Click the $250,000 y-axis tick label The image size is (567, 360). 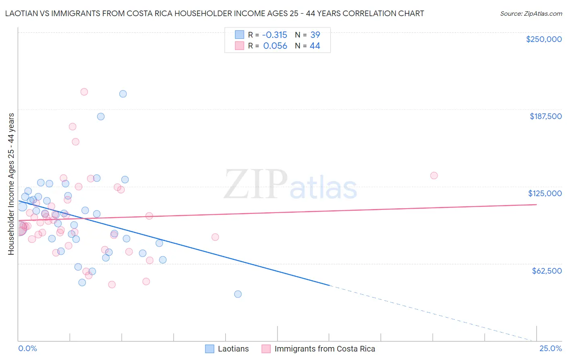pyautogui.click(x=544, y=39)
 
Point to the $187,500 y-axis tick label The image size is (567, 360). pyautogui.click(x=545, y=116)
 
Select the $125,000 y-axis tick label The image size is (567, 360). pyautogui.click(x=545, y=193)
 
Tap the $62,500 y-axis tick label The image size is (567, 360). pyautogui.click(x=546, y=271)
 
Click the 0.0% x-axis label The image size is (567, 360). pyautogui.click(x=27, y=349)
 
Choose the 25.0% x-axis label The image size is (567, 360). pyautogui.click(x=550, y=349)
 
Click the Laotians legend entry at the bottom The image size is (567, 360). pyautogui.click(x=227, y=349)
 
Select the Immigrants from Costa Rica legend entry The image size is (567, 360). pyautogui.click(x=319, y=349)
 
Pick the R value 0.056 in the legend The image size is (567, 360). pyautogui.click(x=275, y=46)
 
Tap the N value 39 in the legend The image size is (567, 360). pyautogui.click(x=315, y=35)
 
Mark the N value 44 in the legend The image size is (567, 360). pyautogui.click(x=315, y=46)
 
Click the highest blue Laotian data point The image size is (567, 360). pyautogui.click(x=123, y=94)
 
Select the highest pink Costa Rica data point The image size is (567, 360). pyautogui.click(x=84, y=92)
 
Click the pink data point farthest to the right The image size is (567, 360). pyautogui.click(x=434, y=176)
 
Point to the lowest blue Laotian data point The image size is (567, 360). pyautogui.click(x=238, y=294)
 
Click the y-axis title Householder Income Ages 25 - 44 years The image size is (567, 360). pyautogui.click(x=11, y=184)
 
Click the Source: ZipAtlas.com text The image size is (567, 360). pyautogui.click(x=531, y=14)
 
